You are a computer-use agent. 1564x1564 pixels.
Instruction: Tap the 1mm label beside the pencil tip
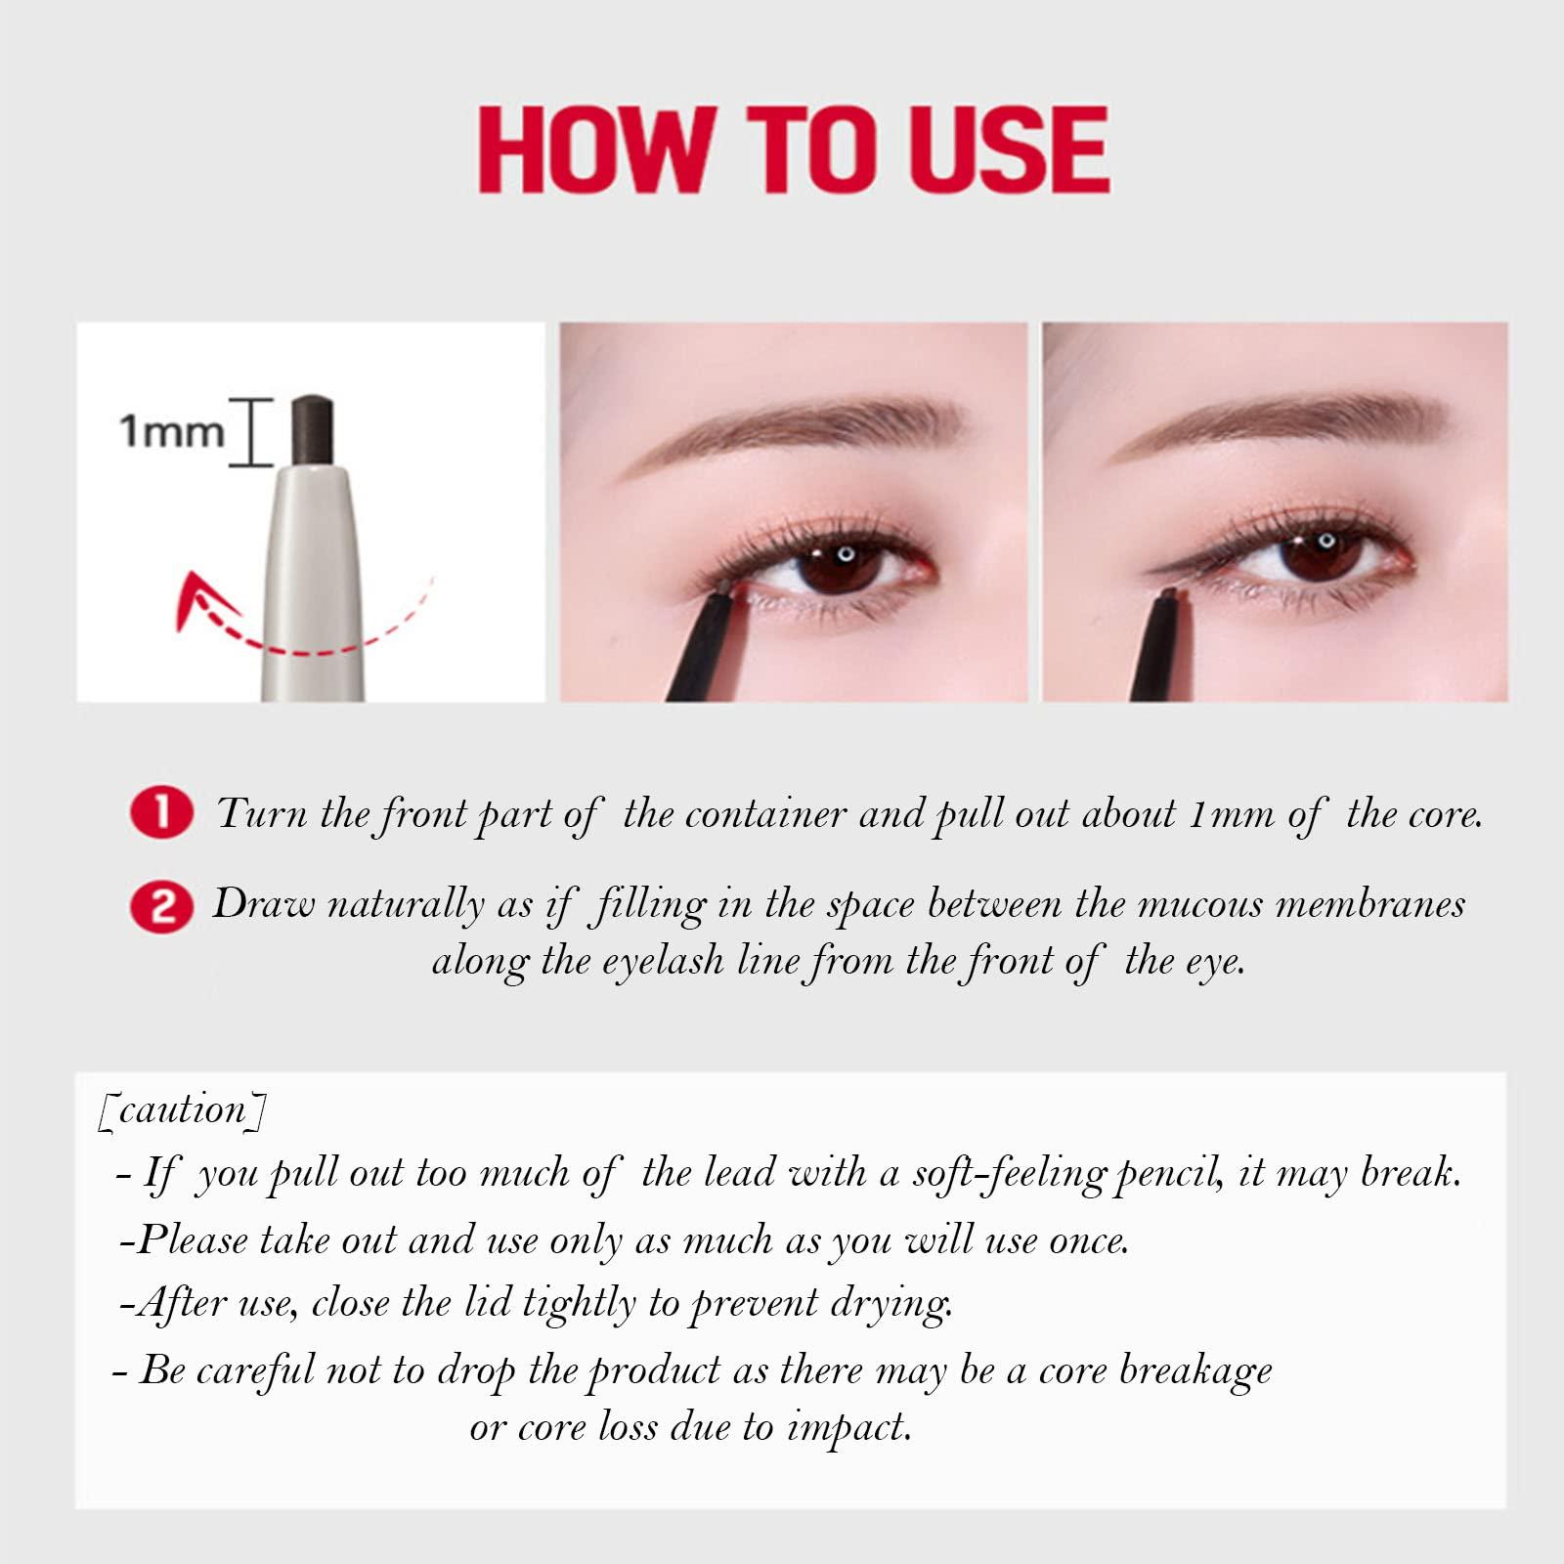[x=171, y=431]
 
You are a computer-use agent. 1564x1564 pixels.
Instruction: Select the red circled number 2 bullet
[x=161, y=905]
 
